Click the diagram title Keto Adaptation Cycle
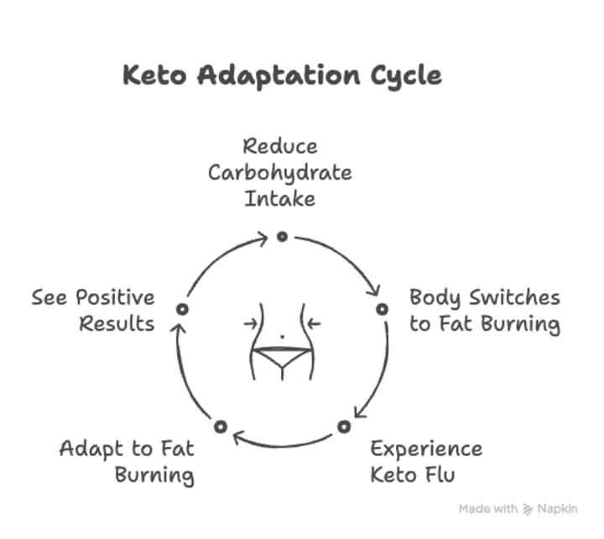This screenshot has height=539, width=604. coord(282,76)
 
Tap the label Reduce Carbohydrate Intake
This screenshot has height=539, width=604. coord(280,173)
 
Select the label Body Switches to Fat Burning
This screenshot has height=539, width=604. coord(484,311)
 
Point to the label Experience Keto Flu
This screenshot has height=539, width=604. coord(426,461)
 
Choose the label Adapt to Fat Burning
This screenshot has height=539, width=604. coord(127,461)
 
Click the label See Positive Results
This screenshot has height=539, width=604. coord(94,310)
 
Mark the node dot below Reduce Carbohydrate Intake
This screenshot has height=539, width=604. coord(282,237)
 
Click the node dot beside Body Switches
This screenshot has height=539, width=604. coord(382,309)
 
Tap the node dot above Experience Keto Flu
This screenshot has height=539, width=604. coord(343,426)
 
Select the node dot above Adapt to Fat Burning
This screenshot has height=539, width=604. coord(220,426)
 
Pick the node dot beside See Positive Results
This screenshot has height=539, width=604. coord(181,309)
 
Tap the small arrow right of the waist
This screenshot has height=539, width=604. coord(315,323)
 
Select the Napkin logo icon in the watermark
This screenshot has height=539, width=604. coord(528,509)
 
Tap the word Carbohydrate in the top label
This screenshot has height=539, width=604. coord(280,173)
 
